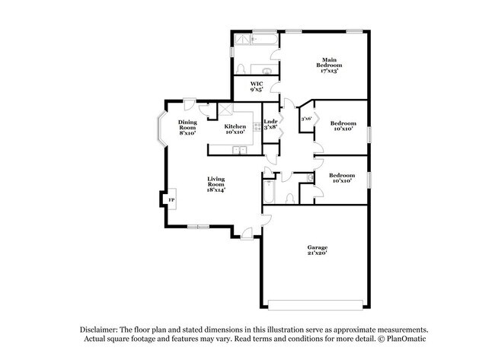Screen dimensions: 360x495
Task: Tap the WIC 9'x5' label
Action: (x=257, y=86)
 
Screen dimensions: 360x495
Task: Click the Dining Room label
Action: (x=187, y=128)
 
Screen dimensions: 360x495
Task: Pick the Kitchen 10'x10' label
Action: (x=235, y=129)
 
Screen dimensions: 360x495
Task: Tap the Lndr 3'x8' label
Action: (x=270, y=125)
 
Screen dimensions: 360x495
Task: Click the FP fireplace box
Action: (x=171, y=200)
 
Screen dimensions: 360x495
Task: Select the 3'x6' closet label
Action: (x=305, y=119)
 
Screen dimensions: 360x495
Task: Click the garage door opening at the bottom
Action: (x=318, y=305)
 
